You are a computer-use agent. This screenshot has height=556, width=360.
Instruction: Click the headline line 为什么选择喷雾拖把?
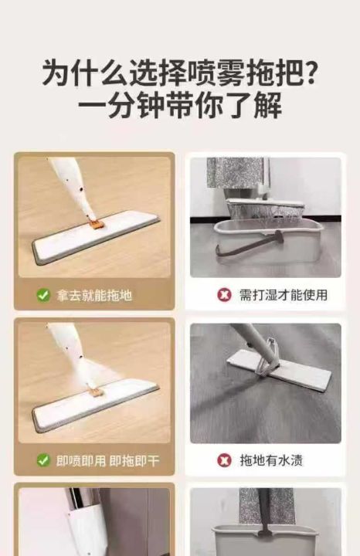[179, 74]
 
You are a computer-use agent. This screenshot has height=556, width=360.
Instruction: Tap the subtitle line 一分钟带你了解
[180, 105]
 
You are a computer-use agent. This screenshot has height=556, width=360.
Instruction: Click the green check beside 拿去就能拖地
[43, 295]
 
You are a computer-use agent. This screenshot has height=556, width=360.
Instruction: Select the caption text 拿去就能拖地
[94, 295]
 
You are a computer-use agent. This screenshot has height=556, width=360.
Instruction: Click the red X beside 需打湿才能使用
[224, 295]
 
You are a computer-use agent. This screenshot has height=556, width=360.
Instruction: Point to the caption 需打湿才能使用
[283, 295]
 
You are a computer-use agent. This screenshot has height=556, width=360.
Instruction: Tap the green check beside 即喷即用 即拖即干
[43, 460]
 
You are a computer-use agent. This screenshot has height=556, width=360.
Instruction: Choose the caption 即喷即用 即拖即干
[108, 460]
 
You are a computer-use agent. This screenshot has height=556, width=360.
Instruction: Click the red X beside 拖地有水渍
[224, 460]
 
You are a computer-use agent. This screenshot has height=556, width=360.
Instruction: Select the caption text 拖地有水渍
[271, 460]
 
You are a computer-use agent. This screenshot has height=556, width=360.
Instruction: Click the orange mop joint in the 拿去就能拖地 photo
[96, 224]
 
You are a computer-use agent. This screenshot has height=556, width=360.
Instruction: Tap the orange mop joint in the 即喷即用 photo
[95, 391]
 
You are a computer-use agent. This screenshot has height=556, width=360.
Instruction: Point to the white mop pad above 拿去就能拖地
[96, 237]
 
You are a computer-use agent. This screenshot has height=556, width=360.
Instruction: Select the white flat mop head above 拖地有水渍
[280, 370]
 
